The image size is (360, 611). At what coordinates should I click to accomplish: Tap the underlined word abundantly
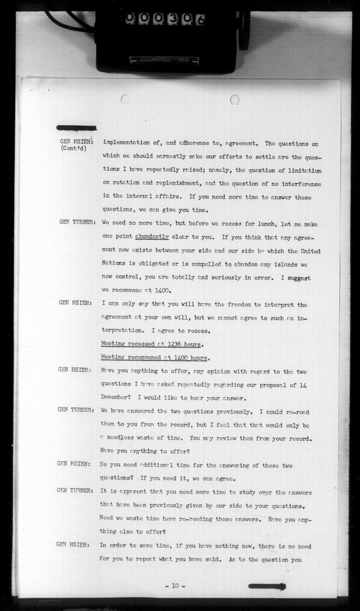152,237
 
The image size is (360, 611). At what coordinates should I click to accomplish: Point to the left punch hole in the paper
125,100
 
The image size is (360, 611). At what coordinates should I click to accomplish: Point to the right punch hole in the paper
235,100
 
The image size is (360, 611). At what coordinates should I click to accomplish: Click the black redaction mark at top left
77,128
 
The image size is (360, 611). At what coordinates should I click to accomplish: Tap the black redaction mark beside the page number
267,587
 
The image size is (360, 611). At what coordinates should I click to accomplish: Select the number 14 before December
303,385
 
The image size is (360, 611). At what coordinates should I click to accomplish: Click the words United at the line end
310,251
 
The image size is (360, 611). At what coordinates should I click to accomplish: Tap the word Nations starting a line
114,264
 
